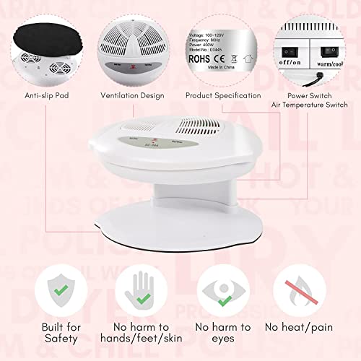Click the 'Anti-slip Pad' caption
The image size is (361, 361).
[46, 95]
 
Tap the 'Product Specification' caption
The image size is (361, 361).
[223, 95]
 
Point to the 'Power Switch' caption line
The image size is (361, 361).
[314, 94]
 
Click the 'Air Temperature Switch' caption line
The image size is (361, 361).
[314, 104]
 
